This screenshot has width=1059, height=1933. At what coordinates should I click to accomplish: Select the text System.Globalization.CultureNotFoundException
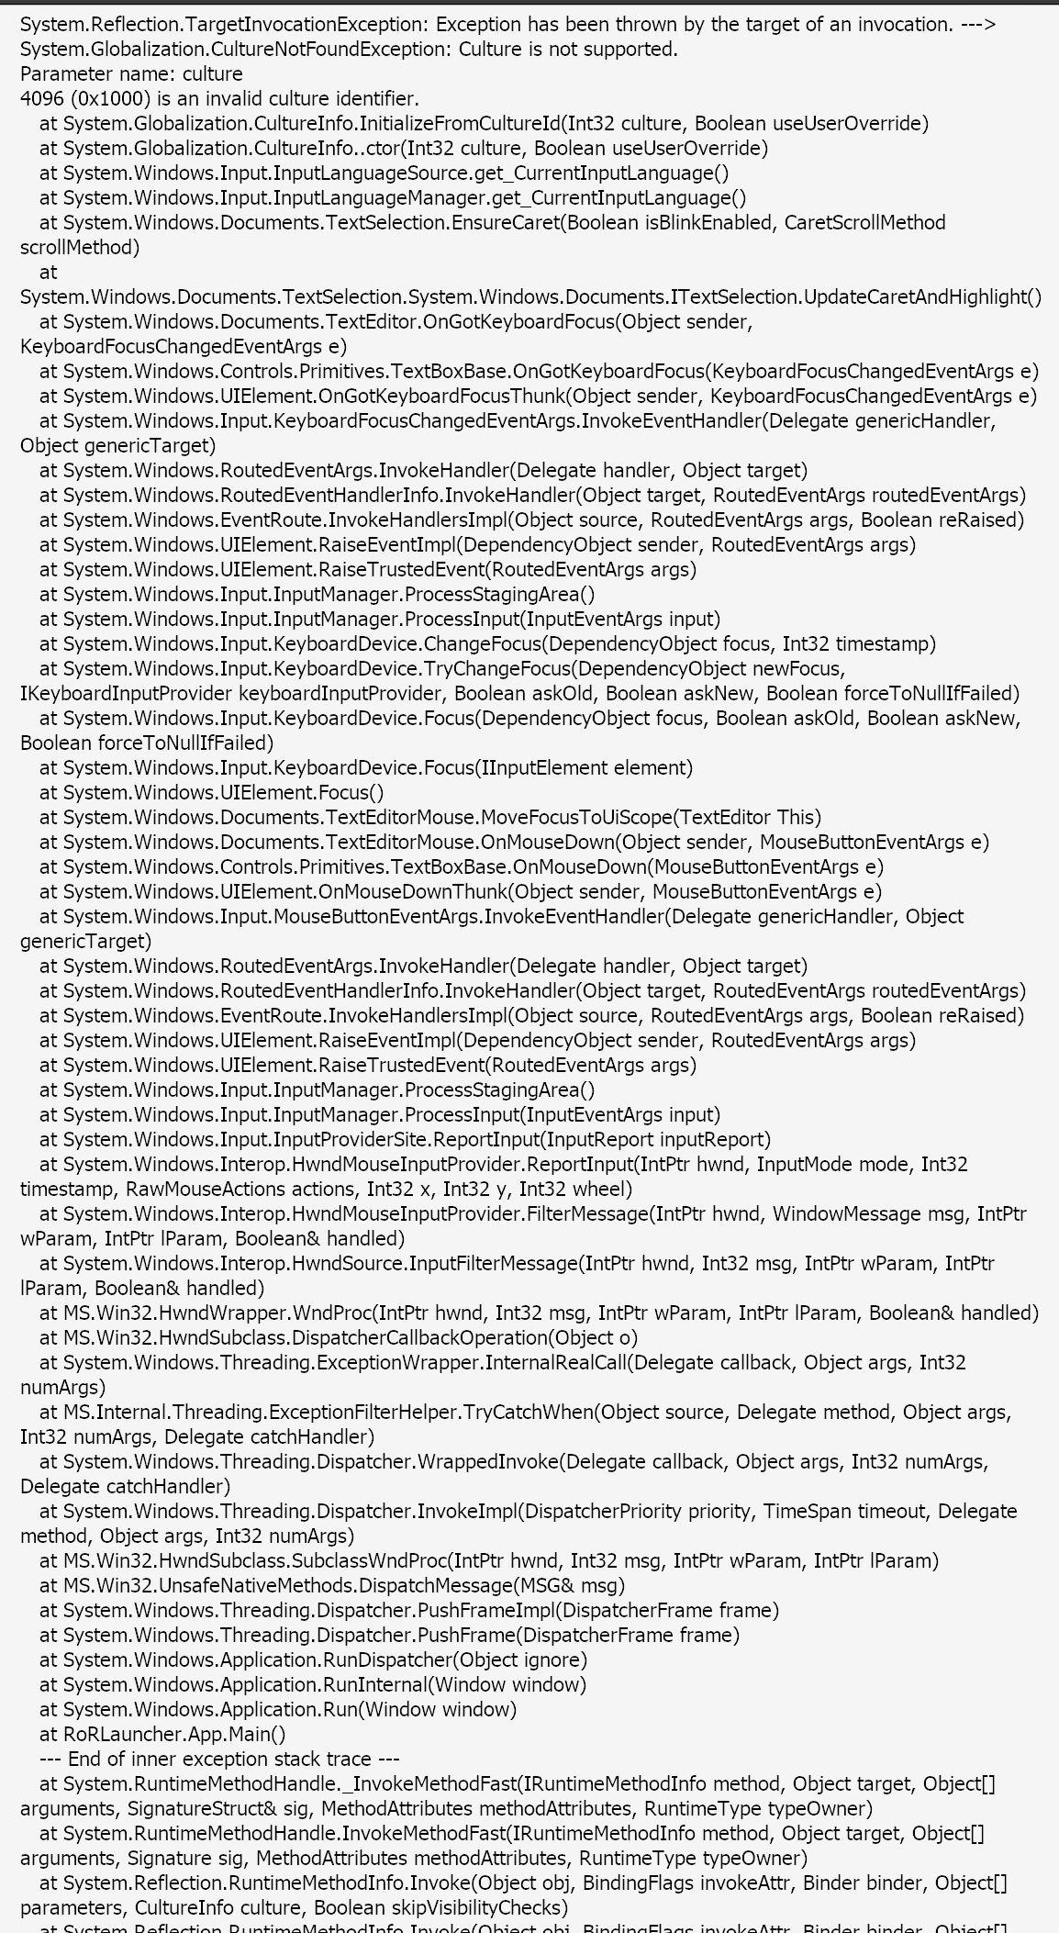pos(233,50)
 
